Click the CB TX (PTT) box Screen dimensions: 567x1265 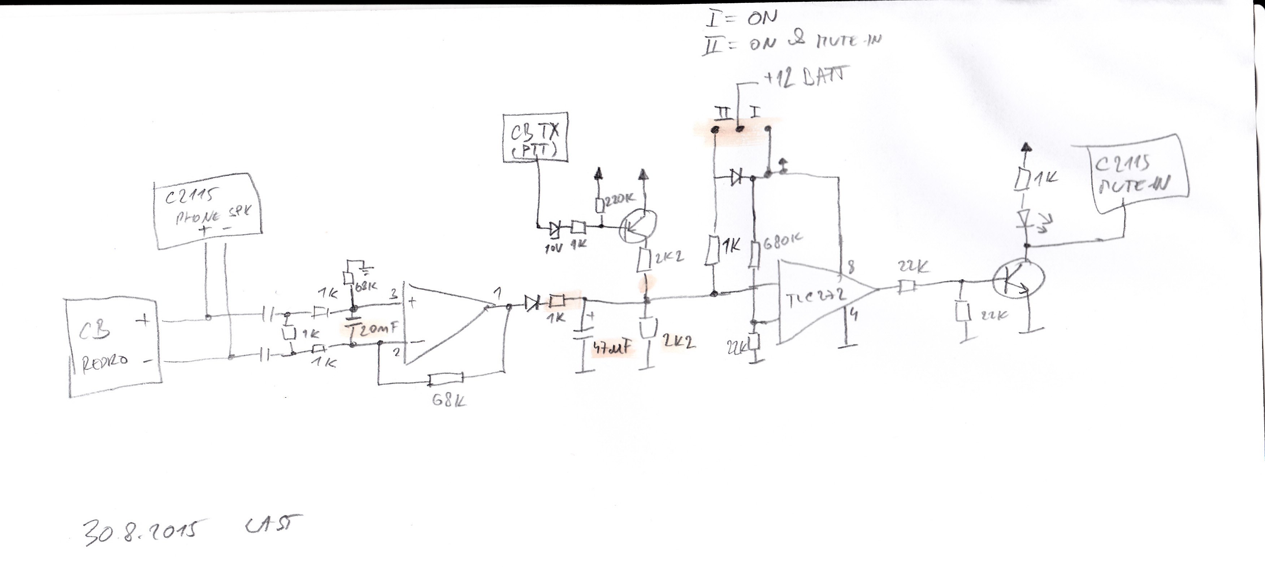point(535,138)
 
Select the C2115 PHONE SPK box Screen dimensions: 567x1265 point(208,211)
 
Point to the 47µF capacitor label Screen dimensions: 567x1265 point(611,348)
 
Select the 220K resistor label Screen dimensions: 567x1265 point(619,199)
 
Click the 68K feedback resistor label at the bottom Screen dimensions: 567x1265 point(449,401)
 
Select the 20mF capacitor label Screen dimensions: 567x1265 point(376,329)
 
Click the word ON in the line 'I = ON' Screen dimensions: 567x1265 point(762,18)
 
